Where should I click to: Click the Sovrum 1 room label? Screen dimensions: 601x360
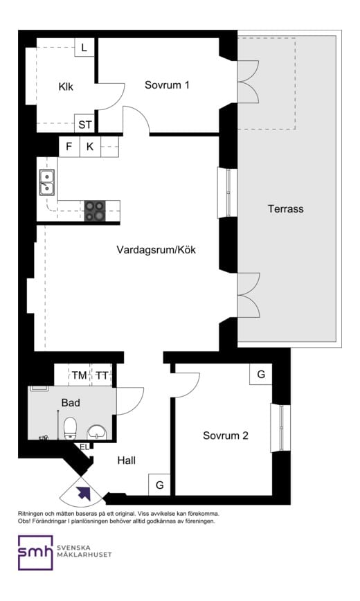click(167, 85)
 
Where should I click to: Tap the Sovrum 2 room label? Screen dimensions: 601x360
click(226, 436)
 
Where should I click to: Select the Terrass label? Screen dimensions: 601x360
click(285, 208)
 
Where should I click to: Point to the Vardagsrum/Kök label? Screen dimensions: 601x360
click(156, 249)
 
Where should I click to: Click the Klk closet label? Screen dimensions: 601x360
click(66, 87)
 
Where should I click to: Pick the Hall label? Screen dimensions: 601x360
click(126, 460)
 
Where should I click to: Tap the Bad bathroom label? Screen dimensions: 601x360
click(71, 402)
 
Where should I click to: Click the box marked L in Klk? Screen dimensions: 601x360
click(84, 48)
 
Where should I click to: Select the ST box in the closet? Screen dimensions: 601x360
click(84, 125)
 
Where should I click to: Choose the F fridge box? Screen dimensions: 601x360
click(69, 147)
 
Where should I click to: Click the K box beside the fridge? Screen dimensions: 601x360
click(90, 147)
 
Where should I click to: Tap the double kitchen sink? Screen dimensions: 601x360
click(47, 183)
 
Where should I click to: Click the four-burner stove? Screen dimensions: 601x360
click(94, 210)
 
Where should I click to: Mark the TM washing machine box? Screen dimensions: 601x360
click(79, 375)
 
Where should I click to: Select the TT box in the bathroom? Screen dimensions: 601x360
click(102, 375)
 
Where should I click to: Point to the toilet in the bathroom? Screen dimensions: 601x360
click(70, 428)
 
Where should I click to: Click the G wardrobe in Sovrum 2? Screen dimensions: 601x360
click(261, 375)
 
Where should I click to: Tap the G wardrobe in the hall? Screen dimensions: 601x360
click(159, 485)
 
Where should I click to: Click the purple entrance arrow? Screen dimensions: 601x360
click(84, 493)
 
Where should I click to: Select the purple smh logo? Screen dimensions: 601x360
click(36, 552)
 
